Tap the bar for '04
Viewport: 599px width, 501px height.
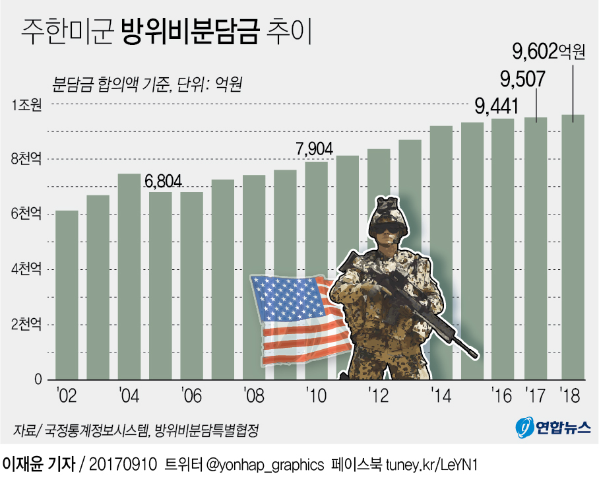[x=129, y=277]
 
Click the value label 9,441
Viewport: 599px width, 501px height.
[x=497, y=106]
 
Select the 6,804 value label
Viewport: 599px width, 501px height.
[x=164, y=182]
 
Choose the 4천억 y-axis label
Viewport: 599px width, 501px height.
[x=26, y=269]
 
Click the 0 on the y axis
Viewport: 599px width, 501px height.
[x=38, y=380]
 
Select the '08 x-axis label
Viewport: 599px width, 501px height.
[x=253, y=396]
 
